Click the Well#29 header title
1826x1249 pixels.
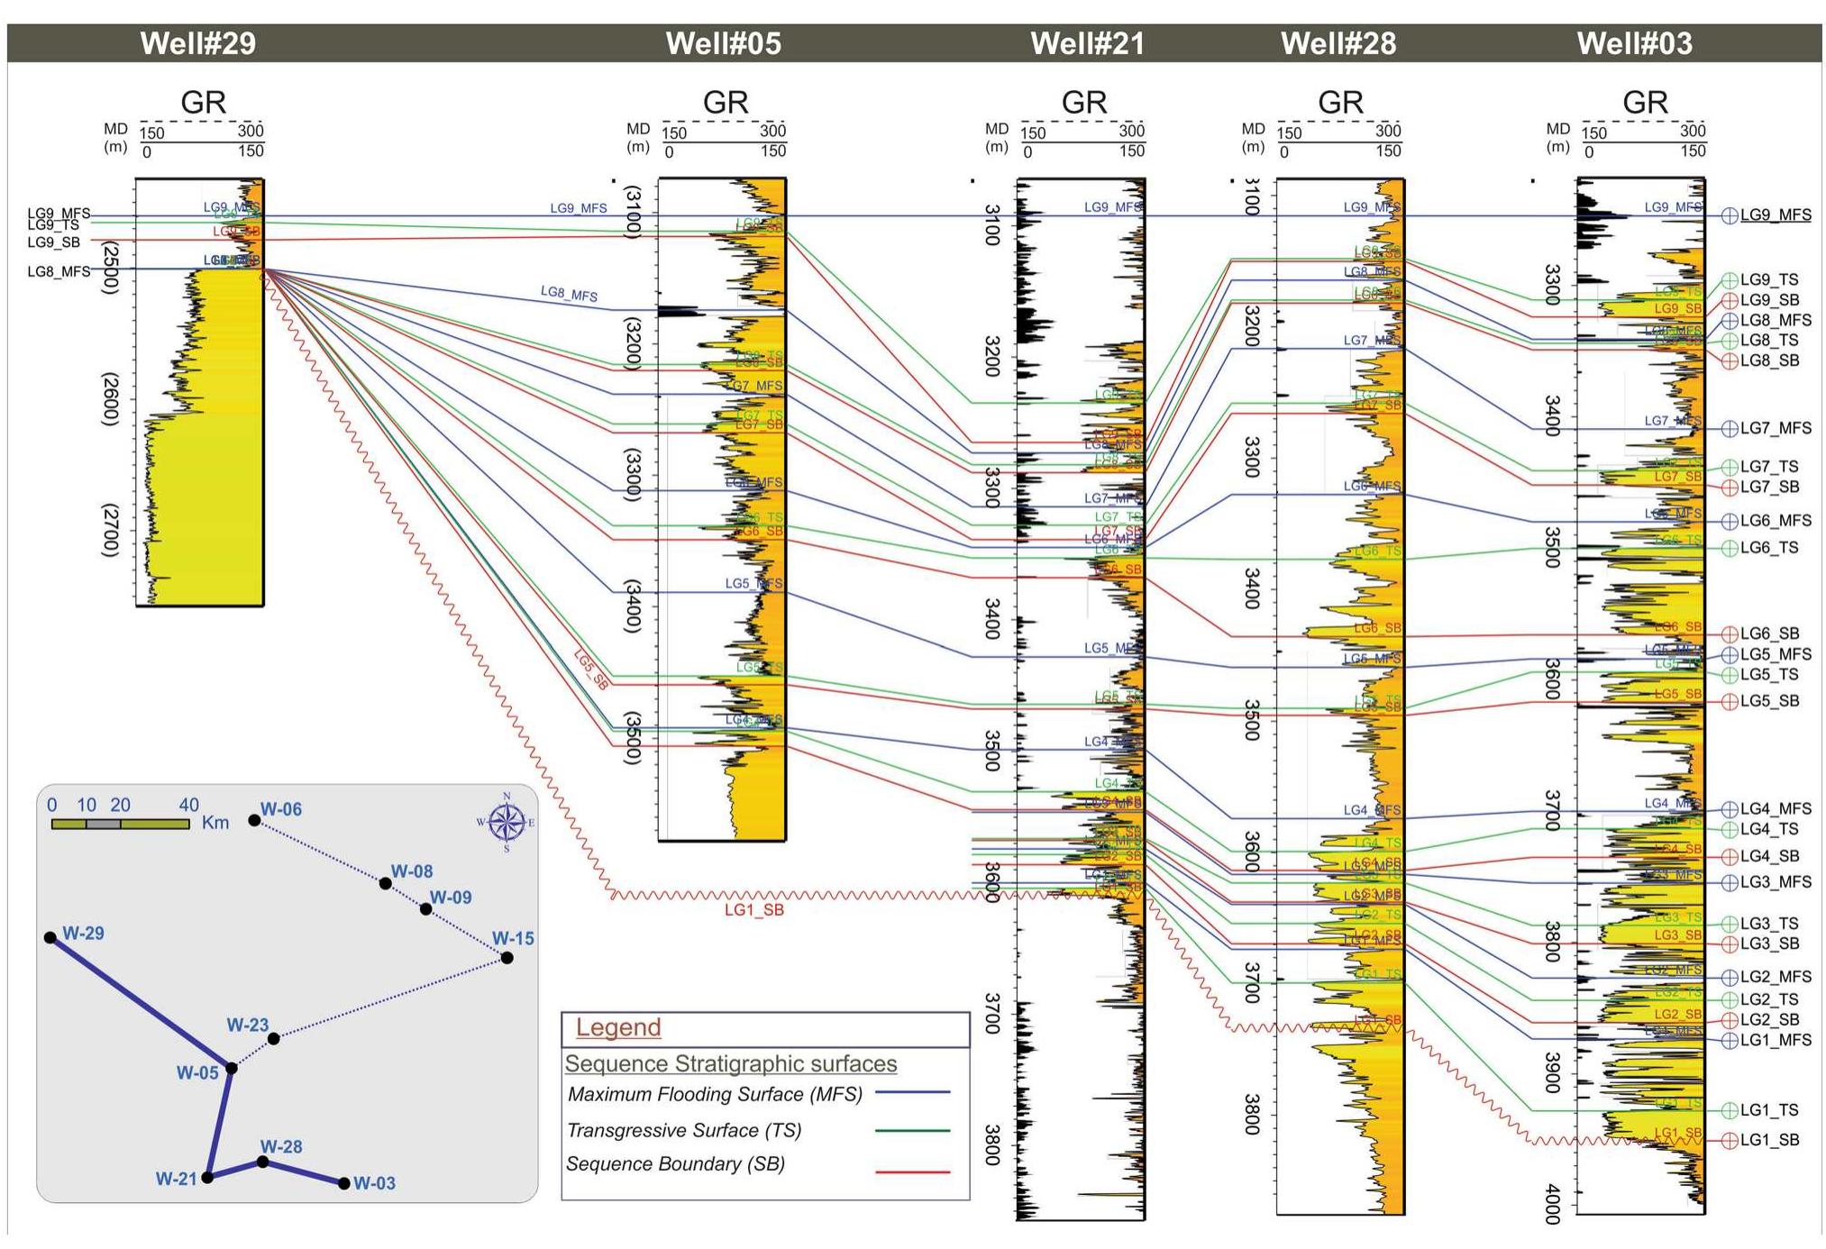pyautogui.click(x=197, y=43)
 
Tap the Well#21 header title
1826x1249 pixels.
pyautogui.click(x=1087, y=43)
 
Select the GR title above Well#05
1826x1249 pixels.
pyautogui.click(x=726, y=102)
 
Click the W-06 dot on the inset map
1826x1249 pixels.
pyautogui.click(x=255, y=820)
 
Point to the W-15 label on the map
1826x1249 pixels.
pyautogui.click(x=513, y=938)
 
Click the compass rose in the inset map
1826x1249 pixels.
pyautogui.click(x=507, y=822)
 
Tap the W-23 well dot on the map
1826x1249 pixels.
pyautogui.click(x=274, y=1039)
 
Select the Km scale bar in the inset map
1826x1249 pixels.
pyautogui.click(x=120, y=824)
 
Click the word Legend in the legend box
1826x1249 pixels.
pyautogui.click(x=618, y=1027)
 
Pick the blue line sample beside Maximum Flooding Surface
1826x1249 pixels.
pyautogui.click(x=913, y=1092)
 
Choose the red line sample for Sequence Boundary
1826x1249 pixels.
pyautogui.click(x=913, y=1172)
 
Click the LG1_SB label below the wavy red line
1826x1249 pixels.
pyautogui.click(x=754, y=910)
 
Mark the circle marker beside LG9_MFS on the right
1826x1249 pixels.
pyautogui.click(x=1730, y=215)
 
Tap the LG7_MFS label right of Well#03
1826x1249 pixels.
pyautogui.click(x=1776, y=428)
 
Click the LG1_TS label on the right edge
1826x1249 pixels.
pyautogui.click(x=1769, y=1110)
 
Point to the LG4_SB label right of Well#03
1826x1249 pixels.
pyautogui.click(x=1769, y=856)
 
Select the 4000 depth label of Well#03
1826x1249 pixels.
pyautogui.click(x=1552, y=1204)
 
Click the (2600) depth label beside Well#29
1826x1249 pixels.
pyautogui.click(x=109, y=398)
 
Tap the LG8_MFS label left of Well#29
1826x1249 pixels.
pyautogui.click(x=59, y=271)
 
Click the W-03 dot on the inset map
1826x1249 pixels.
pyautogui.click(x=344, y=1183)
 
